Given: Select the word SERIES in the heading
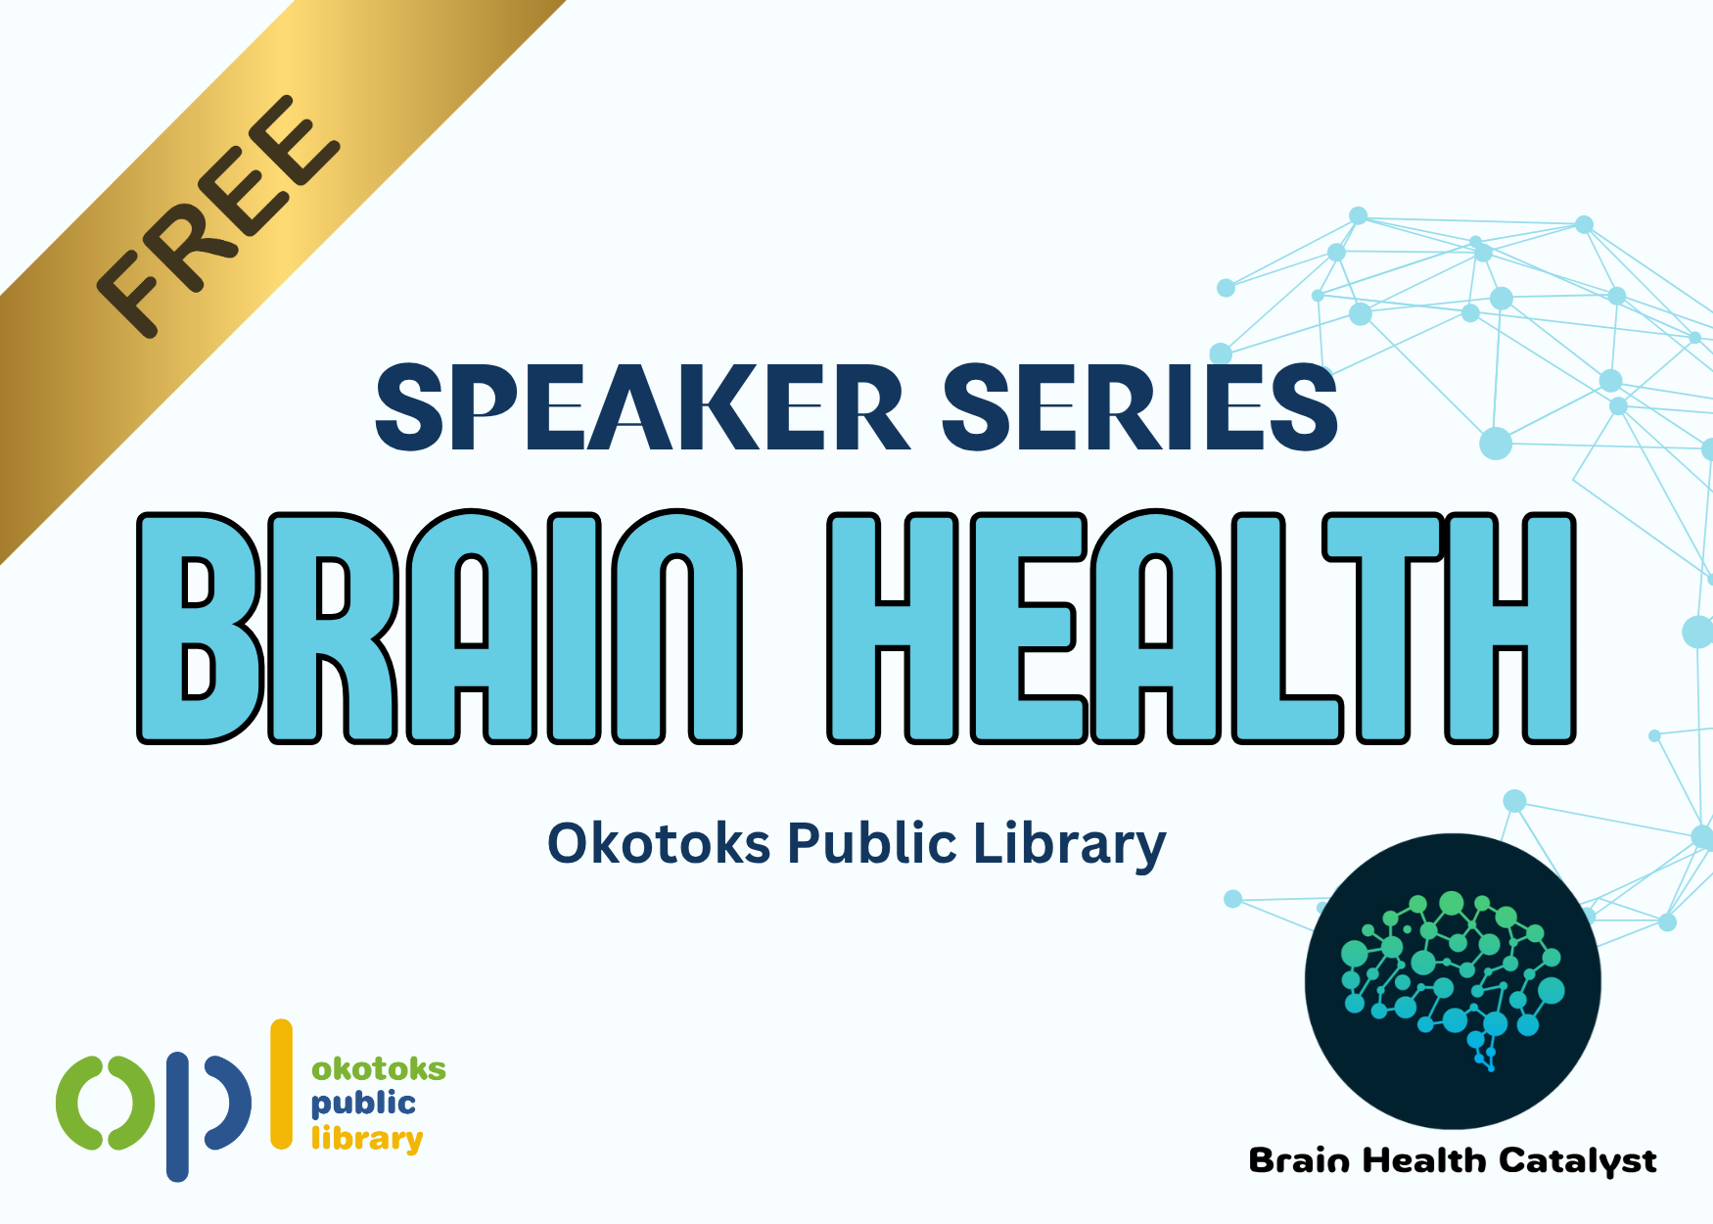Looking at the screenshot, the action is coord(1139,407).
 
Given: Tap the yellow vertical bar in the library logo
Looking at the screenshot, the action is coord(282,1084).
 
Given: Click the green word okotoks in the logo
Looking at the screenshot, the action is coord(379,1068).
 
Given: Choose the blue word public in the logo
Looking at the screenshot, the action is coord(363,1104).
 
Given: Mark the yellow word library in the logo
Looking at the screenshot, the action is coord(367,1139).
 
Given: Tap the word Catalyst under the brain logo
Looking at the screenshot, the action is coord(1578,1161).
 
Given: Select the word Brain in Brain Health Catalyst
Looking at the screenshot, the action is coord(1299,1160).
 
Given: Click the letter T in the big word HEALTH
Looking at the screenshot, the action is coord(1382,627).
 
